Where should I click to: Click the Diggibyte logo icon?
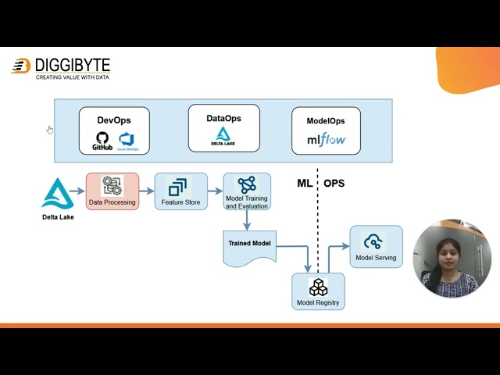(x=21, y=66)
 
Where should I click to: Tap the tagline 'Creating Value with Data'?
(x=72, y=77)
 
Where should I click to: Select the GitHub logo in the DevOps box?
(x=102, y=141)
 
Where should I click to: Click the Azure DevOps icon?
(x=127, y=141)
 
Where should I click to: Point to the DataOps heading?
(x=223, y=118)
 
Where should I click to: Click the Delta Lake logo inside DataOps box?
(x=223, y=137)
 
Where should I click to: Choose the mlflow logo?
(x=326, y=141)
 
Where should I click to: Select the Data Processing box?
(x=112, y=191)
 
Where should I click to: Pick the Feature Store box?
(x=180, y=191)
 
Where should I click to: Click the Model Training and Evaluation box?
(x=247, y=191)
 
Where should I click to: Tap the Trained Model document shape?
(x=249, y=248)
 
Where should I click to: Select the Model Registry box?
(x=318, y=291)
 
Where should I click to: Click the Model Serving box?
(x=376, y=246)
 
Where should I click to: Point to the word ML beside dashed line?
(x=305, y=184)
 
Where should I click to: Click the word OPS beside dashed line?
(x=334, y=184)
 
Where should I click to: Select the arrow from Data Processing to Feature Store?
(x=146, y=191)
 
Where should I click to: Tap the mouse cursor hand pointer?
(x=50, y=130)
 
